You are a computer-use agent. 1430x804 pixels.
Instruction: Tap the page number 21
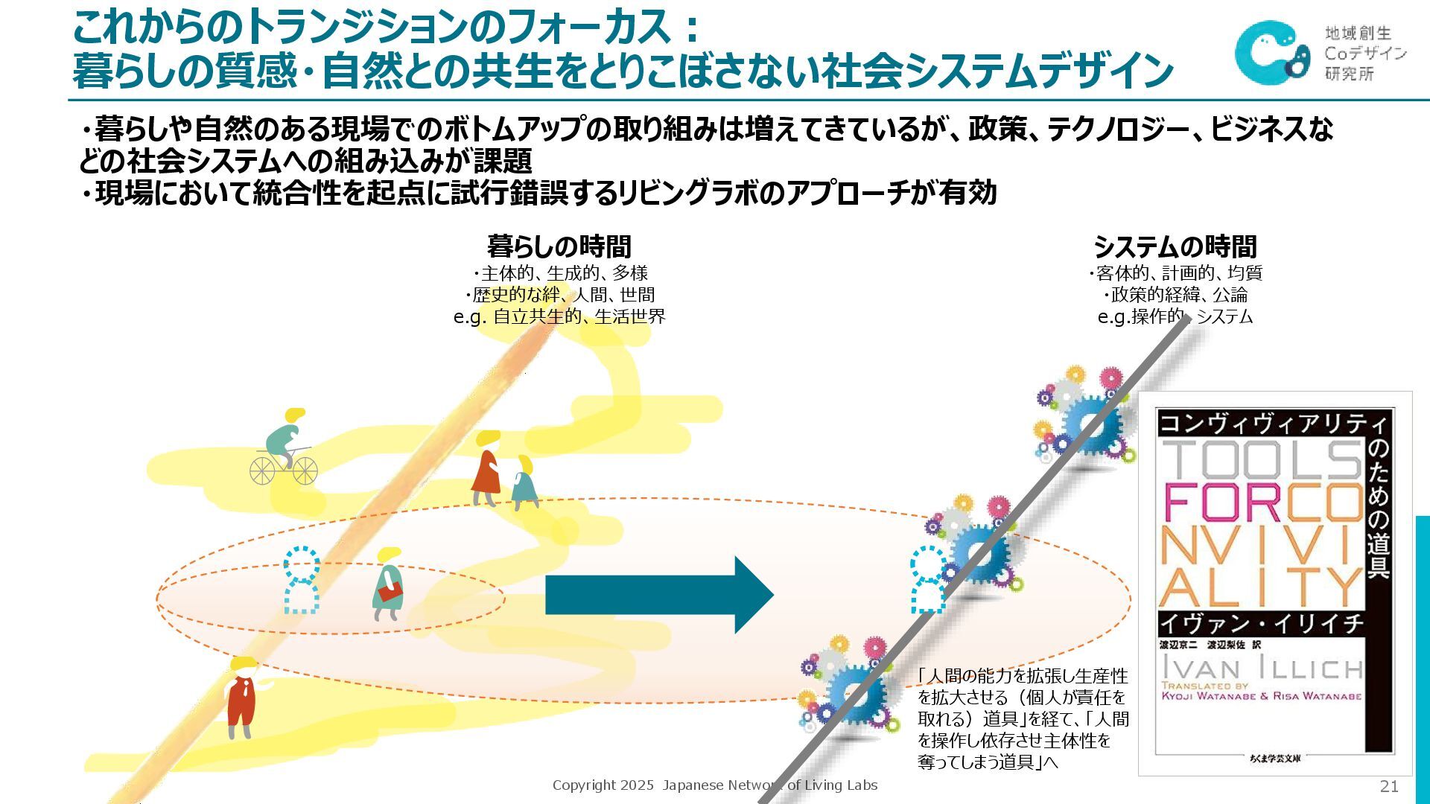pyautogui.click(x=1389, y=786)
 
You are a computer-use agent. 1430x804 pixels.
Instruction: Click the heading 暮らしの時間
pyautogui.click(x=559, y=246)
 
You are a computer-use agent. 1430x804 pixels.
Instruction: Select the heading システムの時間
pyautogui.click(x=1175, y=246)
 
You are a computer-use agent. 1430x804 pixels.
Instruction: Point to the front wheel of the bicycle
pyautogui.click(x=305, y=470)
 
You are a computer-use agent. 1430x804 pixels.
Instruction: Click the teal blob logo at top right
pyautogui.click(x=1271, y=52)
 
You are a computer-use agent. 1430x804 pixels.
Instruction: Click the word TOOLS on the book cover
pyautogui.click(x=1262, y=460)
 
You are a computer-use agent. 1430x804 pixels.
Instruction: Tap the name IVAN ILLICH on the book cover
pyautogui.click(x=1262, y=668)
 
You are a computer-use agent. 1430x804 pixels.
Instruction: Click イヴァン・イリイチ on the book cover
pyautogui.click(x=1262, y=624)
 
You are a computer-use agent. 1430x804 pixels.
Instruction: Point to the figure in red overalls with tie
pyautogui.click(x=243, y=697)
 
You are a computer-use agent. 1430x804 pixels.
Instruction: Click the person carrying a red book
pyautogui.click(x=387, y=584)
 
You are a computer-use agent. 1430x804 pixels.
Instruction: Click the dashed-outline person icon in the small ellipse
pyautogui.click(x=301, y=581)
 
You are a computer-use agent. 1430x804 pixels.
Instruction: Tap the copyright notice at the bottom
pyautogui.click(x=714, y=785)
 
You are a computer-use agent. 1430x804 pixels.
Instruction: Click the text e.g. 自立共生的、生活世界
pyautogui.click(x=559, y=316)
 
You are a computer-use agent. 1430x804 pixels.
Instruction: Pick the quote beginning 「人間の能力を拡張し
pyautogui.click(x=1023, y=719)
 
